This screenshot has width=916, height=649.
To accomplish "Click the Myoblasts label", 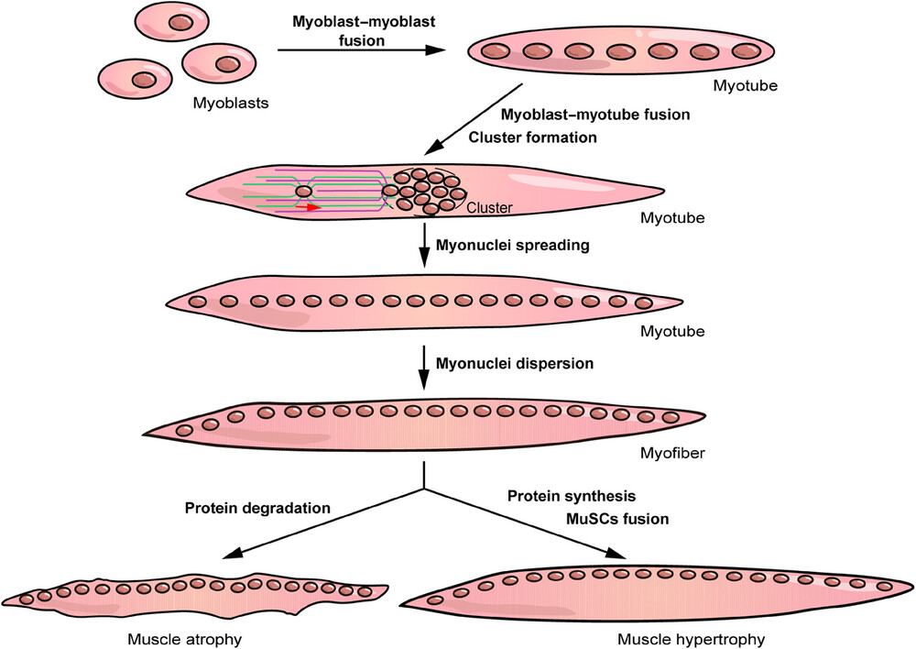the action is pyautogui.click(x=231, y=104).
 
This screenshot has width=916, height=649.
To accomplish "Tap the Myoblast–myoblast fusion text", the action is pyautogui.click(x=364, y=31).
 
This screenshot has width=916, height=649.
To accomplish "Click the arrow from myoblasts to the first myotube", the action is pyautogui.click(x=362, y=49).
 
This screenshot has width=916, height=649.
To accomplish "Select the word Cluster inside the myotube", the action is pyautogui.click(x=489, y=207).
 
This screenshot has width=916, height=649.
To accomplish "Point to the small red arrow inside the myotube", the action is pyautogui.click(x=309, y=207).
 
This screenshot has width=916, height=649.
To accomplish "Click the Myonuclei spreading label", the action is pyautogui.click(x=512, y=245).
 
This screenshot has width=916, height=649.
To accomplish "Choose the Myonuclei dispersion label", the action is pyautogui.click(x=515, y=364).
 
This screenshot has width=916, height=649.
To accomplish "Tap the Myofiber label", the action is pyautogui.click(x=672, y=453).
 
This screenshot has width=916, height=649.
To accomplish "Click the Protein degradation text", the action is pyautogui.click(x=257, y=508).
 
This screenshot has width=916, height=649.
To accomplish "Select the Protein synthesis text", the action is pyautogui.click(x=572, y=497).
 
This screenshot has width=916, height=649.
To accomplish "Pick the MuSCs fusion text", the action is pyautogui.click(x=617, y=519).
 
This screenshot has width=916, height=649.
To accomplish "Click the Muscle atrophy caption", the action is pyautogui.click(x=185, y=640).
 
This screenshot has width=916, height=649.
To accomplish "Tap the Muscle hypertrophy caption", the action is pyautogui.click(x=691, y=640).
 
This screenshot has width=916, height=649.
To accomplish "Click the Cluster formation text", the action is pyautogui.click(x=533, y=137).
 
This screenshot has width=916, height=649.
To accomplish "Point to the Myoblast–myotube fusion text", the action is pyautogui.click(x=595, y=114).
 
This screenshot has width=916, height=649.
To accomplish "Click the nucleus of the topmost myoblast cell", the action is pyautogui.click(x=180, y=23).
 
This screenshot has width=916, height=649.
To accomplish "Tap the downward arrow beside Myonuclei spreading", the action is pyautogui.click(x=424, y=245).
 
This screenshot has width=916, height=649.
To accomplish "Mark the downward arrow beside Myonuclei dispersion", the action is pyautogui.click(x=424, y=368).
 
